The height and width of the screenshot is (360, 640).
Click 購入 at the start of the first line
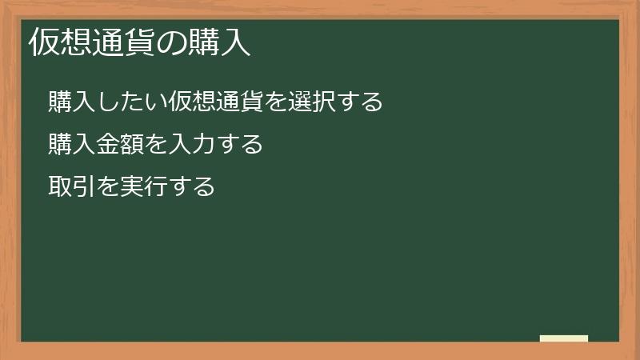click(x=71, y=102)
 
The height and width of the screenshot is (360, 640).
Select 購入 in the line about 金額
click(x=71, y=145)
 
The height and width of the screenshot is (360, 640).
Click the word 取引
click(x=71, y=187)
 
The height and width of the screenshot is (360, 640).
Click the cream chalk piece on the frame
click(x=564, y=338)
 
